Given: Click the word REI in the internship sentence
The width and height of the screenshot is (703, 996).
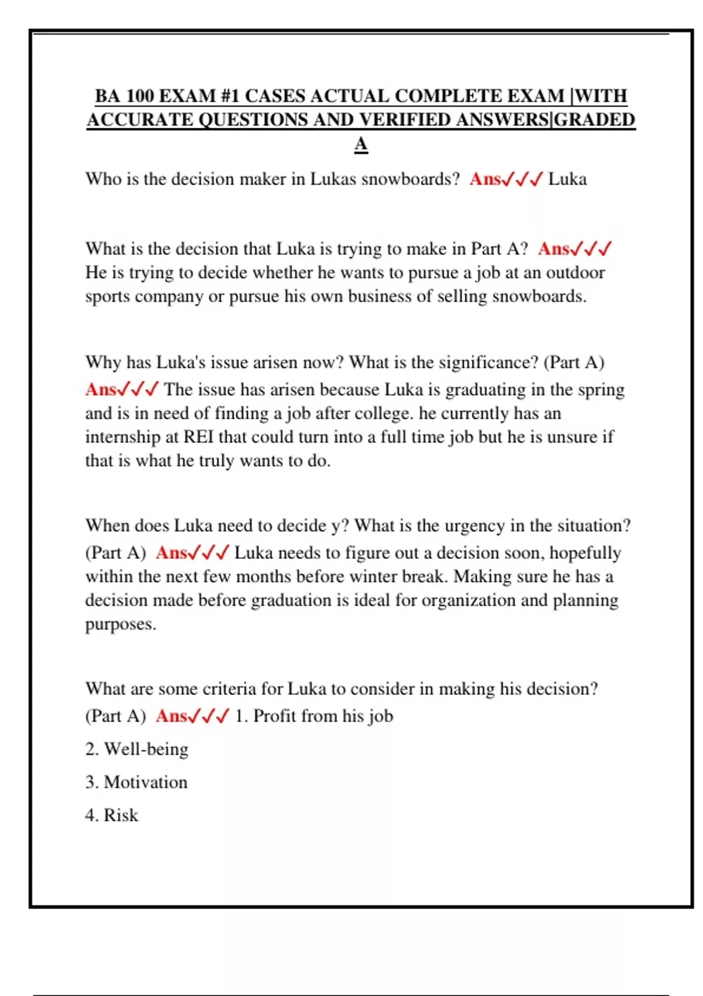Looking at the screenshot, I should pos(199,437).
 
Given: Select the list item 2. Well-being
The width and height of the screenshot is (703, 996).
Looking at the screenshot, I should pos(136,749).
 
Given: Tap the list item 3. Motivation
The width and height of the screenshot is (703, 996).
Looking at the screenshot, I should pos(136,782).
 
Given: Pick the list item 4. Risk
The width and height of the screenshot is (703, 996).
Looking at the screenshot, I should pos(111,815).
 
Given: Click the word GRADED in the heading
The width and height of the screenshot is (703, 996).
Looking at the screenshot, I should pos(595,120).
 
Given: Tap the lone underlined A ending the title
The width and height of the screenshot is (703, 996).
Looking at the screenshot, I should pos(361,144).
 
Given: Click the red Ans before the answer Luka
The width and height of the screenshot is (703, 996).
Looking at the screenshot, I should pos(485,179).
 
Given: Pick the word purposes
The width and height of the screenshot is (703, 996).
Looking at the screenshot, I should pos(120,625).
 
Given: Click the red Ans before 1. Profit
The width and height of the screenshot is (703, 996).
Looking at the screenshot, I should pos(171,716).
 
